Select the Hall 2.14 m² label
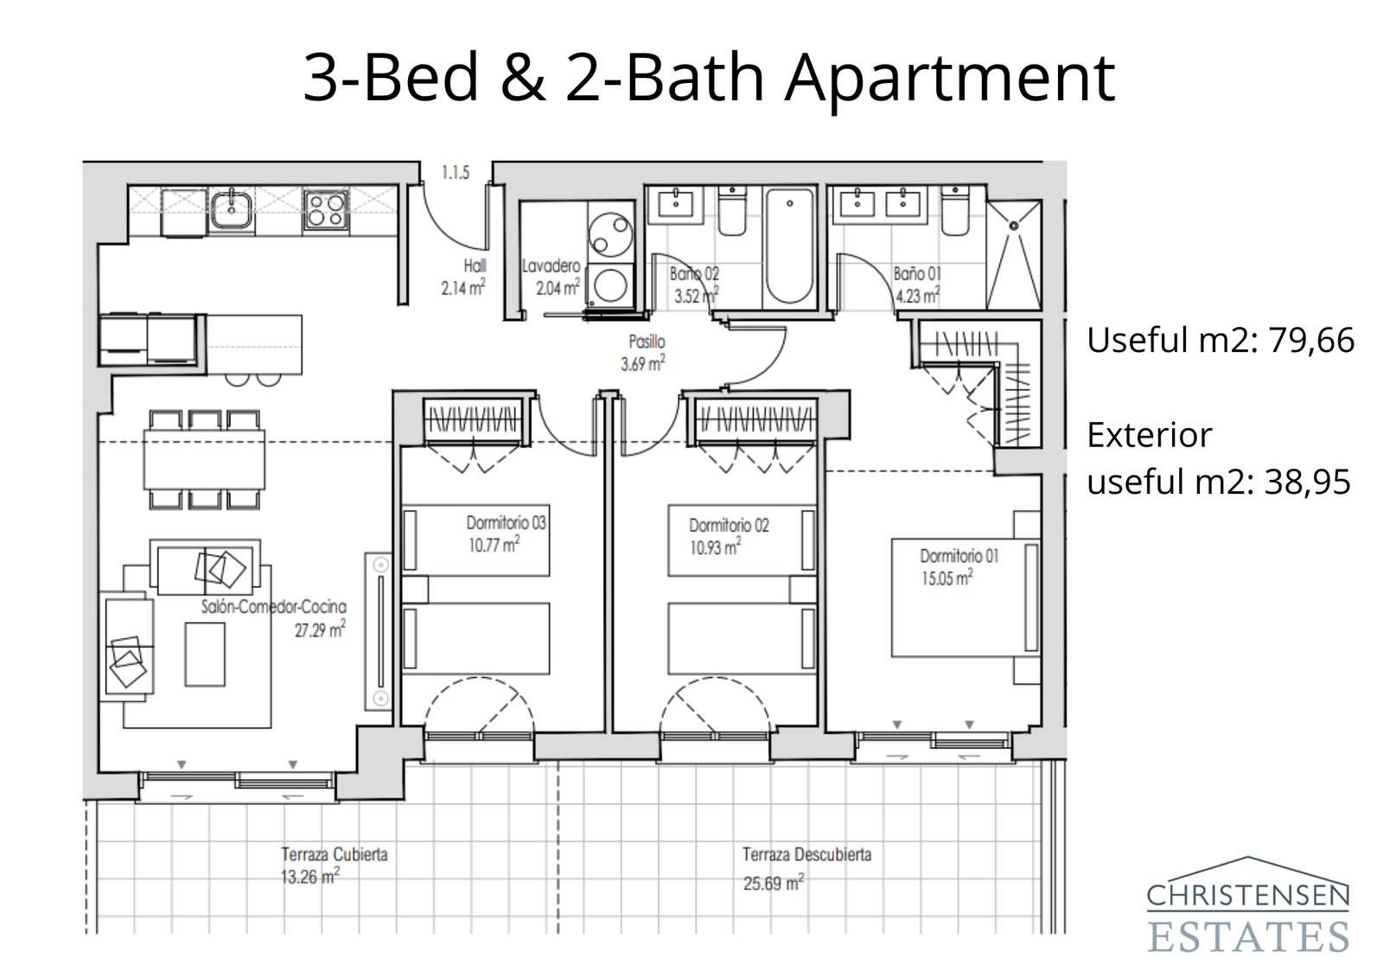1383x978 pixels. coord(464,277)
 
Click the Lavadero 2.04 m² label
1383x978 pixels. coord(551,277)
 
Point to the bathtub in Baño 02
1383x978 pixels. coord(789,246)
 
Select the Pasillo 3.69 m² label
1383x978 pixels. coord(644,353)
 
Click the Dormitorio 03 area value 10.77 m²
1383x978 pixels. coord(494,546)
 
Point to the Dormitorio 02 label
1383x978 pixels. coord(728,525)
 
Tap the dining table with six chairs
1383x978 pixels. coord(204,459)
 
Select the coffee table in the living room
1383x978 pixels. coord(205,654)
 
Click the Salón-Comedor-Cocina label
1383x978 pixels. coord(273,607)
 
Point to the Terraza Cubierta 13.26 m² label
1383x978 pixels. coord(334,866)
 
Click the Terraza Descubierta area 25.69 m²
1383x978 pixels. coord(774,884)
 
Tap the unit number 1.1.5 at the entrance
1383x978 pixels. coord(456,173)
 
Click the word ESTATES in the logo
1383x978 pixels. coord(1248,936)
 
